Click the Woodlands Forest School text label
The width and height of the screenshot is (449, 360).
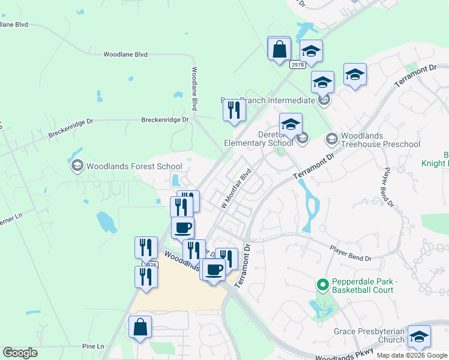(134, 166)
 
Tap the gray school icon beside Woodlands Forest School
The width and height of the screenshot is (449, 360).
(77, 166)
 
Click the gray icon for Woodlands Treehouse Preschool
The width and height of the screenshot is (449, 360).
(331, 139)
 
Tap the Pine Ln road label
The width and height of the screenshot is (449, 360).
(93, 347)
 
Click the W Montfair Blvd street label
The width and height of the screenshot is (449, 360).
(236, 188)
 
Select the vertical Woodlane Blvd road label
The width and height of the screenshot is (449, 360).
(194, 88)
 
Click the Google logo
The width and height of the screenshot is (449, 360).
(20, 353)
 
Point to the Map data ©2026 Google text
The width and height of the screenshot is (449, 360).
(412, 355)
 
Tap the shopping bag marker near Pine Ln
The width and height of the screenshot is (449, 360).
(140, 327)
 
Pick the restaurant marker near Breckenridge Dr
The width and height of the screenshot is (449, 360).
(234, 110)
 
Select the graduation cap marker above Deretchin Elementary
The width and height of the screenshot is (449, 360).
(291, 124)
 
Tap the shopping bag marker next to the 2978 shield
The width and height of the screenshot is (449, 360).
(280, 49)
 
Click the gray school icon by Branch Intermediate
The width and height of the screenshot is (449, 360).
(325, 100)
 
